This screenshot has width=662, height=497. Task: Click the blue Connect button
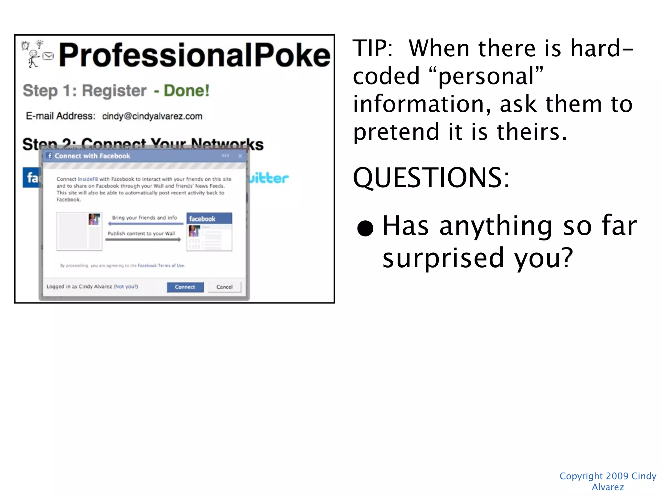185,287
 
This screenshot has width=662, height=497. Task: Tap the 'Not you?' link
126,286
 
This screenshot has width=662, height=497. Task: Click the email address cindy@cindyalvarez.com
152,116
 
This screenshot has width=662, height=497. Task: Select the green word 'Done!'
187,91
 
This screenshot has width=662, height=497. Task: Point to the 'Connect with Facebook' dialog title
92,156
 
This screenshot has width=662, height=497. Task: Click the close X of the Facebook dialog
240,156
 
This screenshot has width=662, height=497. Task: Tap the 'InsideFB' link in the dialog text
88,179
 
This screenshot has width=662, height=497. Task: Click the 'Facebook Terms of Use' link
161,266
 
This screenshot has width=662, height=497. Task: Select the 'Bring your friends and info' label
144,218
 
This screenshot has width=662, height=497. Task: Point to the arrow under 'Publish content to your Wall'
143,240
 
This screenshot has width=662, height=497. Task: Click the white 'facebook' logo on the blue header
202,219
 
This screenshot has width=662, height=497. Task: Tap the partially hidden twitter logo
268,178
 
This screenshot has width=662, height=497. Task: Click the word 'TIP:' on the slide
373,49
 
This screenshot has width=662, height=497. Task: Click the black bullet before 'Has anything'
365,228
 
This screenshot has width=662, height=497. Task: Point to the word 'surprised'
443,258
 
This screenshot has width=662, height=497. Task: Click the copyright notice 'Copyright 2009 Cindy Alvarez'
608,481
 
